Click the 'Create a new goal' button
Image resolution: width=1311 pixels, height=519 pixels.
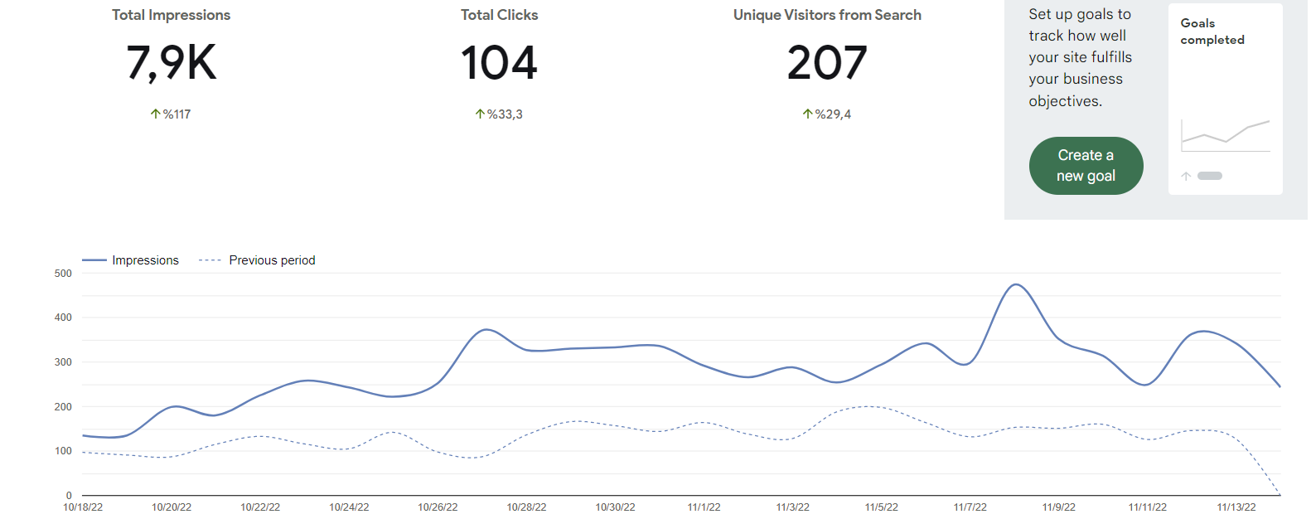coord(1086,166)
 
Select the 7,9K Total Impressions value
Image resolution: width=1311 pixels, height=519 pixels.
coord(171,63)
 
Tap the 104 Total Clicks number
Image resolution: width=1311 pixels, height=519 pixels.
coord(499,62)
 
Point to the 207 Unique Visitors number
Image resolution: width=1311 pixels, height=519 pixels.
coord(826,62)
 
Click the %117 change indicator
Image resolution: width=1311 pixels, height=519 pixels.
coord(171,114)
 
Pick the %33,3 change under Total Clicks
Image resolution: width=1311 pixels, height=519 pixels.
coord(499,114)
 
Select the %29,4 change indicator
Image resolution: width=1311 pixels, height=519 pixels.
coord(826,114)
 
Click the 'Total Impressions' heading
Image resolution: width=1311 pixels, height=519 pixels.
coord(171,15)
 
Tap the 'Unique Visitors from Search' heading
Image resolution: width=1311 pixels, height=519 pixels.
coord(827,15)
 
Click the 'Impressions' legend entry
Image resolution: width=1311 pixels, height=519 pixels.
coord(130,260)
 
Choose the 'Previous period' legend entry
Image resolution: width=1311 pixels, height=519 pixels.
coord(257,260)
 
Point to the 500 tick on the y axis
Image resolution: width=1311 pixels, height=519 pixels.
coord(63,274)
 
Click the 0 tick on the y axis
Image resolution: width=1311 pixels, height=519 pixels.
coord(69,496)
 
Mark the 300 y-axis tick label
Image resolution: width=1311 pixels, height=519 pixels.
coord(63,362)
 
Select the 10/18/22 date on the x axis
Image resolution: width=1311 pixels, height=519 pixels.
coord(83,507)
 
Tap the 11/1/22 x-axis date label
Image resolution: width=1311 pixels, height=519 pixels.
coord(704,507)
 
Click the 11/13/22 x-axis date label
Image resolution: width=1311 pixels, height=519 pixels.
coord(1236,507)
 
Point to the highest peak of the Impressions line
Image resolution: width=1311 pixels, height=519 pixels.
coord(1015,284)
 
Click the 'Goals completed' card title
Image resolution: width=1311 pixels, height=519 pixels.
coord(1212,32)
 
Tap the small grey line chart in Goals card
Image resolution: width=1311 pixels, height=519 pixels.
coord(1226,136)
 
